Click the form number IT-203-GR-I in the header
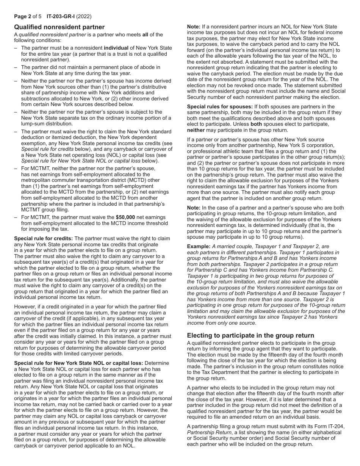point(61,17)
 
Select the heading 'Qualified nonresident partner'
point(59,27)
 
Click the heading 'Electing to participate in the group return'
point(250,335)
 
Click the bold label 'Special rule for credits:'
point(44,238)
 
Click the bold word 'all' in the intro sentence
point(145,34)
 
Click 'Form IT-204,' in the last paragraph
point(330,427)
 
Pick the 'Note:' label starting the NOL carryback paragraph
point(194,27)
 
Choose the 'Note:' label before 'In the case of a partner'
point(194,208)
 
